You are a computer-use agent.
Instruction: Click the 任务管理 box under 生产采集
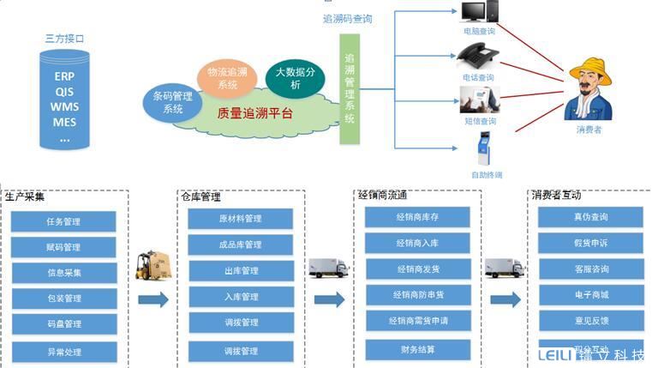coord(63,221)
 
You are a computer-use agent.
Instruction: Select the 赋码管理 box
coord(63,247)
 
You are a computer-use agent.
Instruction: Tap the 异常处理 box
coord(63,351)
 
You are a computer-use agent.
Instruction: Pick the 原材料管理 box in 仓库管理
coord(240,218)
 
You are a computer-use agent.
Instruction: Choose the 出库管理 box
coord(240,271)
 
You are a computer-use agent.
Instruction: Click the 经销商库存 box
coord(418,217)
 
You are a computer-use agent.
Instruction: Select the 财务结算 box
coord(418,349)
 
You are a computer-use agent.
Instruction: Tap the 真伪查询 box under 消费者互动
coord(591,217)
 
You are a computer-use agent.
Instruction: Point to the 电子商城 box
coord(591,295)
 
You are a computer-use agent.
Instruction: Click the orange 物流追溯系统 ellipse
coord(228,78)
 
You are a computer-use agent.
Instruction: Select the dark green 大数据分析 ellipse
coord(295,78)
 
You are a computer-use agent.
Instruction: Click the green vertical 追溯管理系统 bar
coord(349,88)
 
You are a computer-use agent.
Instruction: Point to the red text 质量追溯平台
coord(255,113)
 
